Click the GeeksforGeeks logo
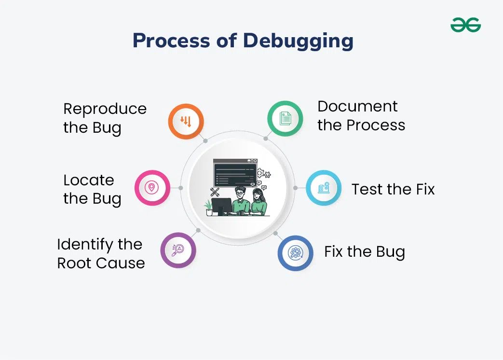pyautogui.click(x=465, y=25)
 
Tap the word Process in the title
pyautogui.click(x=171, y=41)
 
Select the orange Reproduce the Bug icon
pyautogui.click(x=186, y=122)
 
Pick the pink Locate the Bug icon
pyautogui.click(x=152, y=188)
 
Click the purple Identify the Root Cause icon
pyautogui.click(x=178, y=250)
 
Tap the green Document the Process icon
pyautogui.click(x=285, y=118)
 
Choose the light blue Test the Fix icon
pyautogui.click(x=324, y=188)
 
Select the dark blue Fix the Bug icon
pyautogui.click(x=295, y=253)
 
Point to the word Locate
pyautogui.click(x=89, y=180)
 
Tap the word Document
pyautogui.click(x=357, y=107)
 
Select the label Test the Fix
pyautogui.click(x=393, y=189)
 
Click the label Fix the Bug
pyautogui.click(x=364, y=252)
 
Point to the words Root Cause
pyautogui.click(x=101, y=263)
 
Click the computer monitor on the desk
pyautogui.click(x=221, y=206)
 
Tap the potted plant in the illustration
pyautogui.click(x=208, y=208)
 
